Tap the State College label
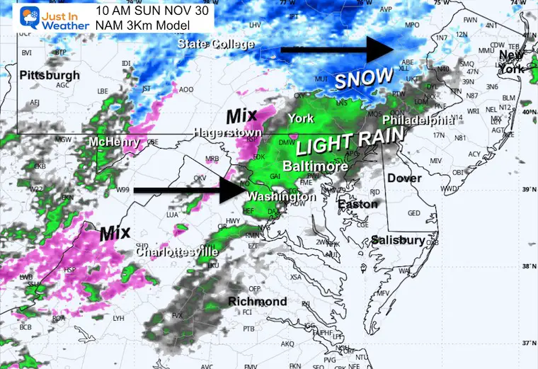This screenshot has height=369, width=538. pyautogui.click(x=216, y=44)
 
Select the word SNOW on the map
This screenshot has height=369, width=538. pyautogui.click(x=363, y=79)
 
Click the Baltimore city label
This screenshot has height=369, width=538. pyautogui.click(x=315, y=166)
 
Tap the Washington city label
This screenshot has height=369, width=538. pyautogui.click(x=282, y=196)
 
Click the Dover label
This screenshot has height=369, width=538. pyautogui.click(x=404, y=178)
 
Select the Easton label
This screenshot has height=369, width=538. pyautogui.click(x=353, y=204)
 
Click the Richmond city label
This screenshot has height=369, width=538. pyautogui.click(x=257, y=302)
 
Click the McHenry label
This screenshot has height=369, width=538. pyautogui.click(x=113, y=142)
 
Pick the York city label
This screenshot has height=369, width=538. pyautogui.click(x=300, y=118)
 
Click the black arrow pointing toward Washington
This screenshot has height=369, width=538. pyautogui.click(x=188, y=190)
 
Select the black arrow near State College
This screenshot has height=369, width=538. pyautogui.click(x=336, y=50)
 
